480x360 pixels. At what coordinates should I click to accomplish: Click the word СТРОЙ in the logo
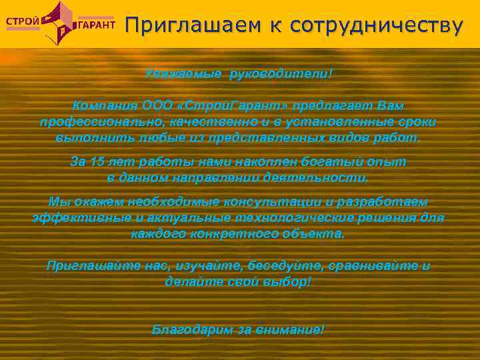coord(22,19)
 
